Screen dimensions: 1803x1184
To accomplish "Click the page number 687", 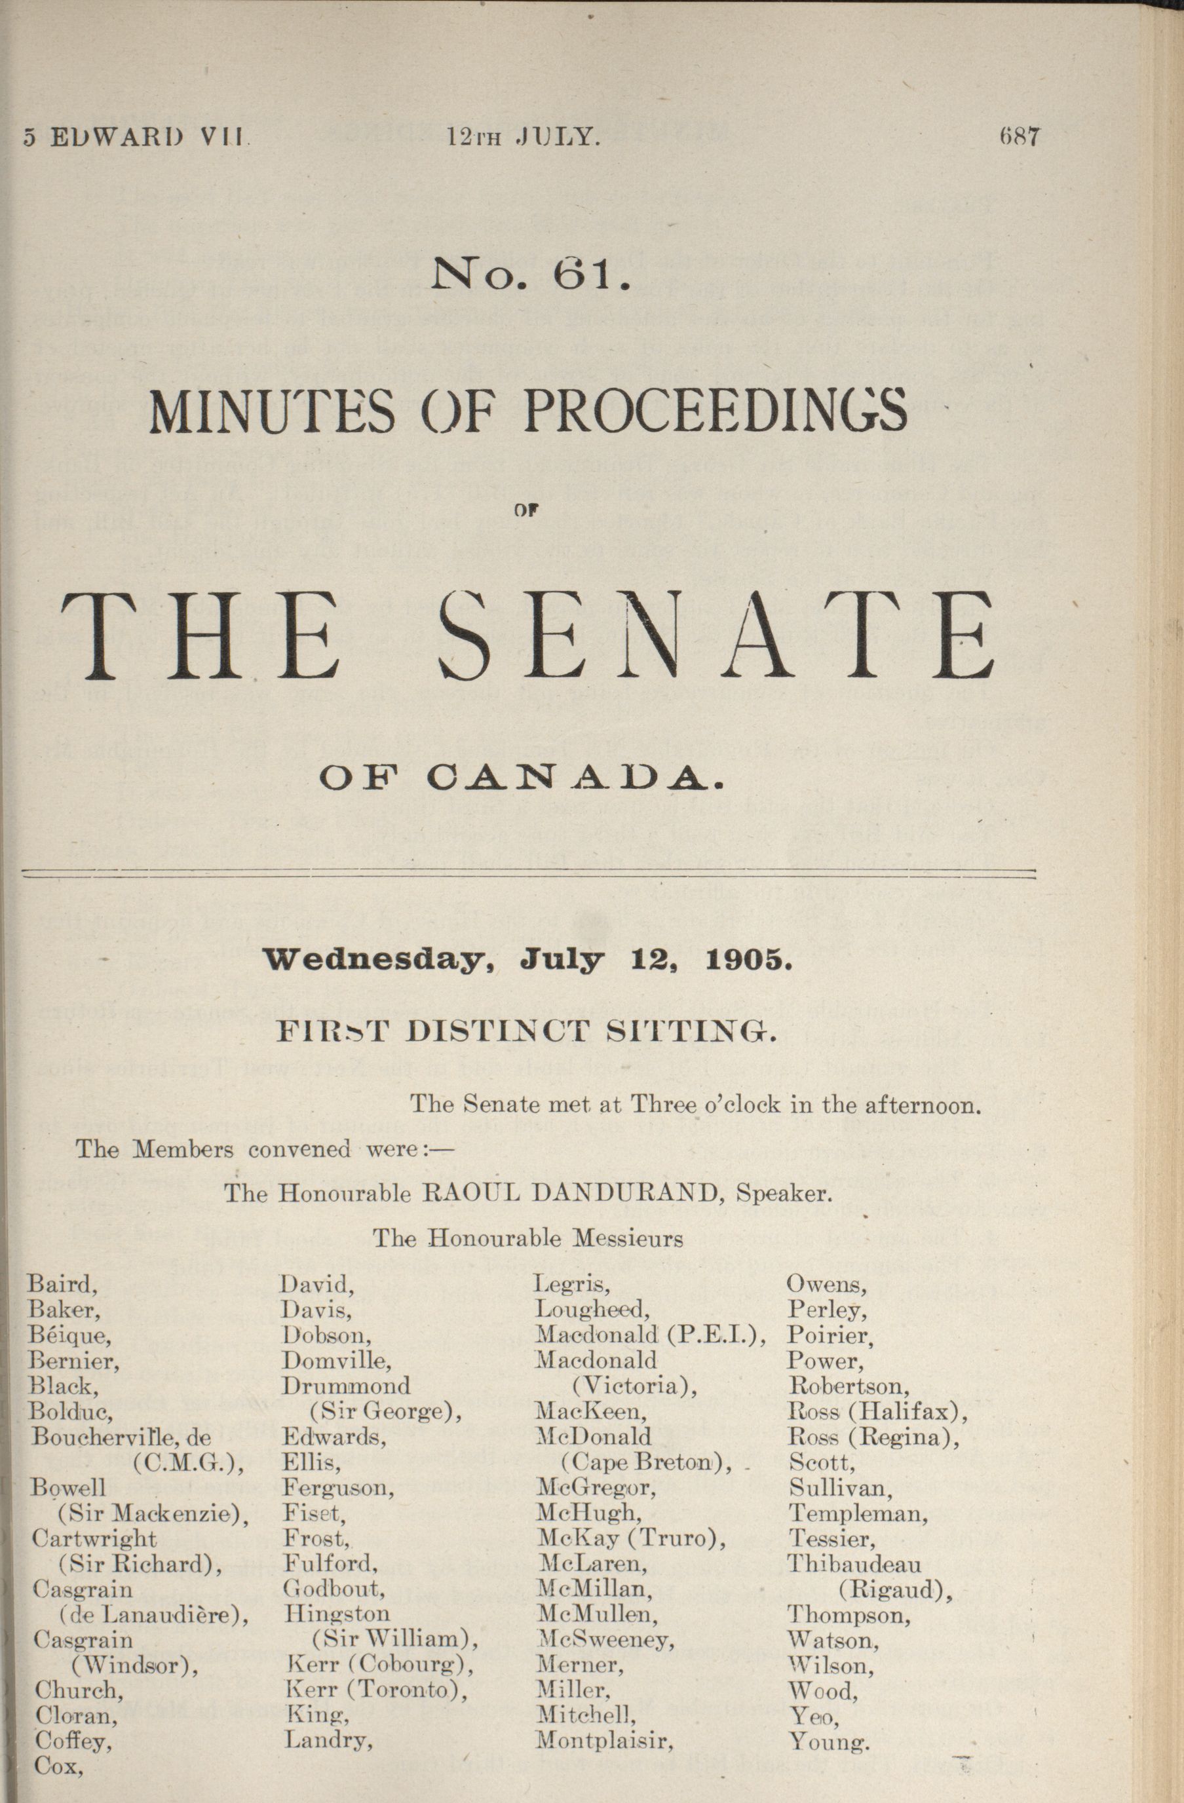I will pyautogui.click(x=1020, y=137).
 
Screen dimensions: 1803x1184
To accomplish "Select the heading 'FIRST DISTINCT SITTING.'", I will pyautogui.click(x=525, y=1032).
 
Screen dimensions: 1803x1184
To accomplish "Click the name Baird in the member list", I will pyautogui.click(x=62, y=1283).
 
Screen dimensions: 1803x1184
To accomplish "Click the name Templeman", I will pyautogui.click(x=858, y=1514).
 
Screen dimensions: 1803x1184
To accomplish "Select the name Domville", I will pyautogui.click(x=336, y=1360).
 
